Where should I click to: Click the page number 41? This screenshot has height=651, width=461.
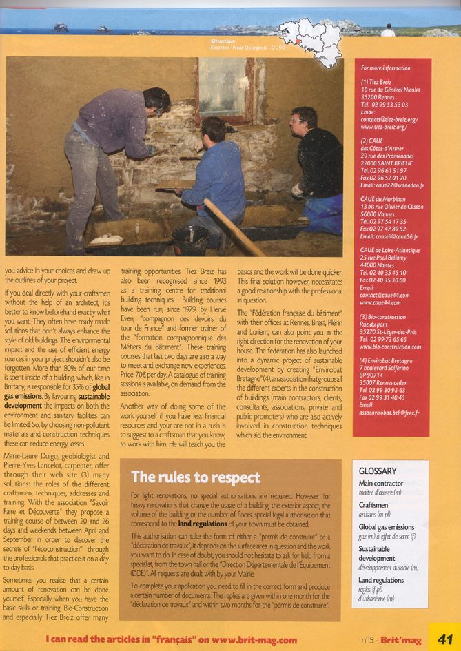pos(444,639)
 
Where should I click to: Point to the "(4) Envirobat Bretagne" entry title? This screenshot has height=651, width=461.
pos(390,360)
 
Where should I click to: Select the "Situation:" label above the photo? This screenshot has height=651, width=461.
pos(225,41)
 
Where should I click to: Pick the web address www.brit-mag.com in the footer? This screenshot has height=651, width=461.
pos(260,639)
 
